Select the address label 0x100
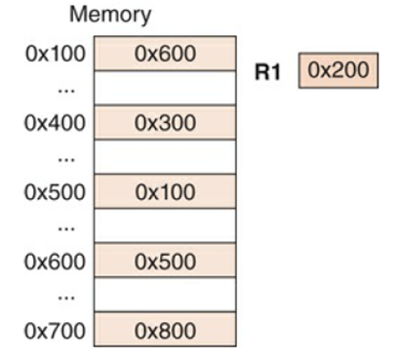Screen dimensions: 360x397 pyautogui.click(x=54, y=55)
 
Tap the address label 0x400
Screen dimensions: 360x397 pyautogui.click(x=54, y=123)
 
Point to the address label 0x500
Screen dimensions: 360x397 pyautogui.click(x=54, y=192)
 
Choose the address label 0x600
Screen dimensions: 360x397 pyautogui.click(x=54, y=261)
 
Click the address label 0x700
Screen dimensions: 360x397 pyautogui.click(x=54, y=330)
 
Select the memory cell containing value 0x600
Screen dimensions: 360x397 pyautogui.click(x=164, y=55)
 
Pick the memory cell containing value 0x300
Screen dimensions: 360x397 pyautogui.click(x=164, y=123)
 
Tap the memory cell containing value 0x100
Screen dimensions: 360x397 pyautogui.click(x=164, y=192)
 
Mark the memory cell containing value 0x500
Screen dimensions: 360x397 pyautogui.click(x=164, y=261)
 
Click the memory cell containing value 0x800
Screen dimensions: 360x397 pyautogui.click(x=164, y=330)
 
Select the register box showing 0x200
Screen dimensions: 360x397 pyautogui.click(x=337, y=70)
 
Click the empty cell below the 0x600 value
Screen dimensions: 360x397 pyautogui.click(x=164, y=89)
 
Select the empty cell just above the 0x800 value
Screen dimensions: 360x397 pyautogui.click(x=164, y=296)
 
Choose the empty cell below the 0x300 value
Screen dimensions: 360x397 pyautogui.click(x=164, y=158)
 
